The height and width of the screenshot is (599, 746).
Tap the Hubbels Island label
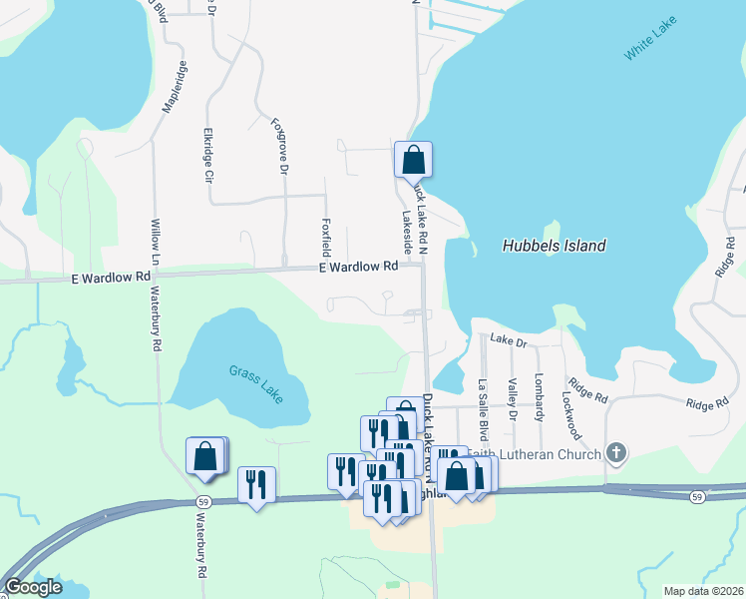[x=555, y=246]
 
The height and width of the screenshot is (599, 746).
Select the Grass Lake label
[x=256, y=382]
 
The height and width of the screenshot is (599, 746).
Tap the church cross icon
[x=616, y=454]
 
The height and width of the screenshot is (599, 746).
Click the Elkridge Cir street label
[x=208, y=155]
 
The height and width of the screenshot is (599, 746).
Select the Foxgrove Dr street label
[x=279, y=148]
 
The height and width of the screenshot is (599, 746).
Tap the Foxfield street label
[x=325, y=236]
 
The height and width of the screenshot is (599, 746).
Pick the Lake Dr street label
[x=508, y=341]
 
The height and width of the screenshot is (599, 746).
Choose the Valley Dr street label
[x=512, y=399]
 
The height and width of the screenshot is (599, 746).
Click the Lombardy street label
[x=540, y=397]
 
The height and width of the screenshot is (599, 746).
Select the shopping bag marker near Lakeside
[x=413, y=160]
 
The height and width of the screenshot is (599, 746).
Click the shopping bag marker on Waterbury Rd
[x=204, y=456]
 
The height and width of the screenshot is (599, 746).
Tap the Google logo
[x=33, y=588]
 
